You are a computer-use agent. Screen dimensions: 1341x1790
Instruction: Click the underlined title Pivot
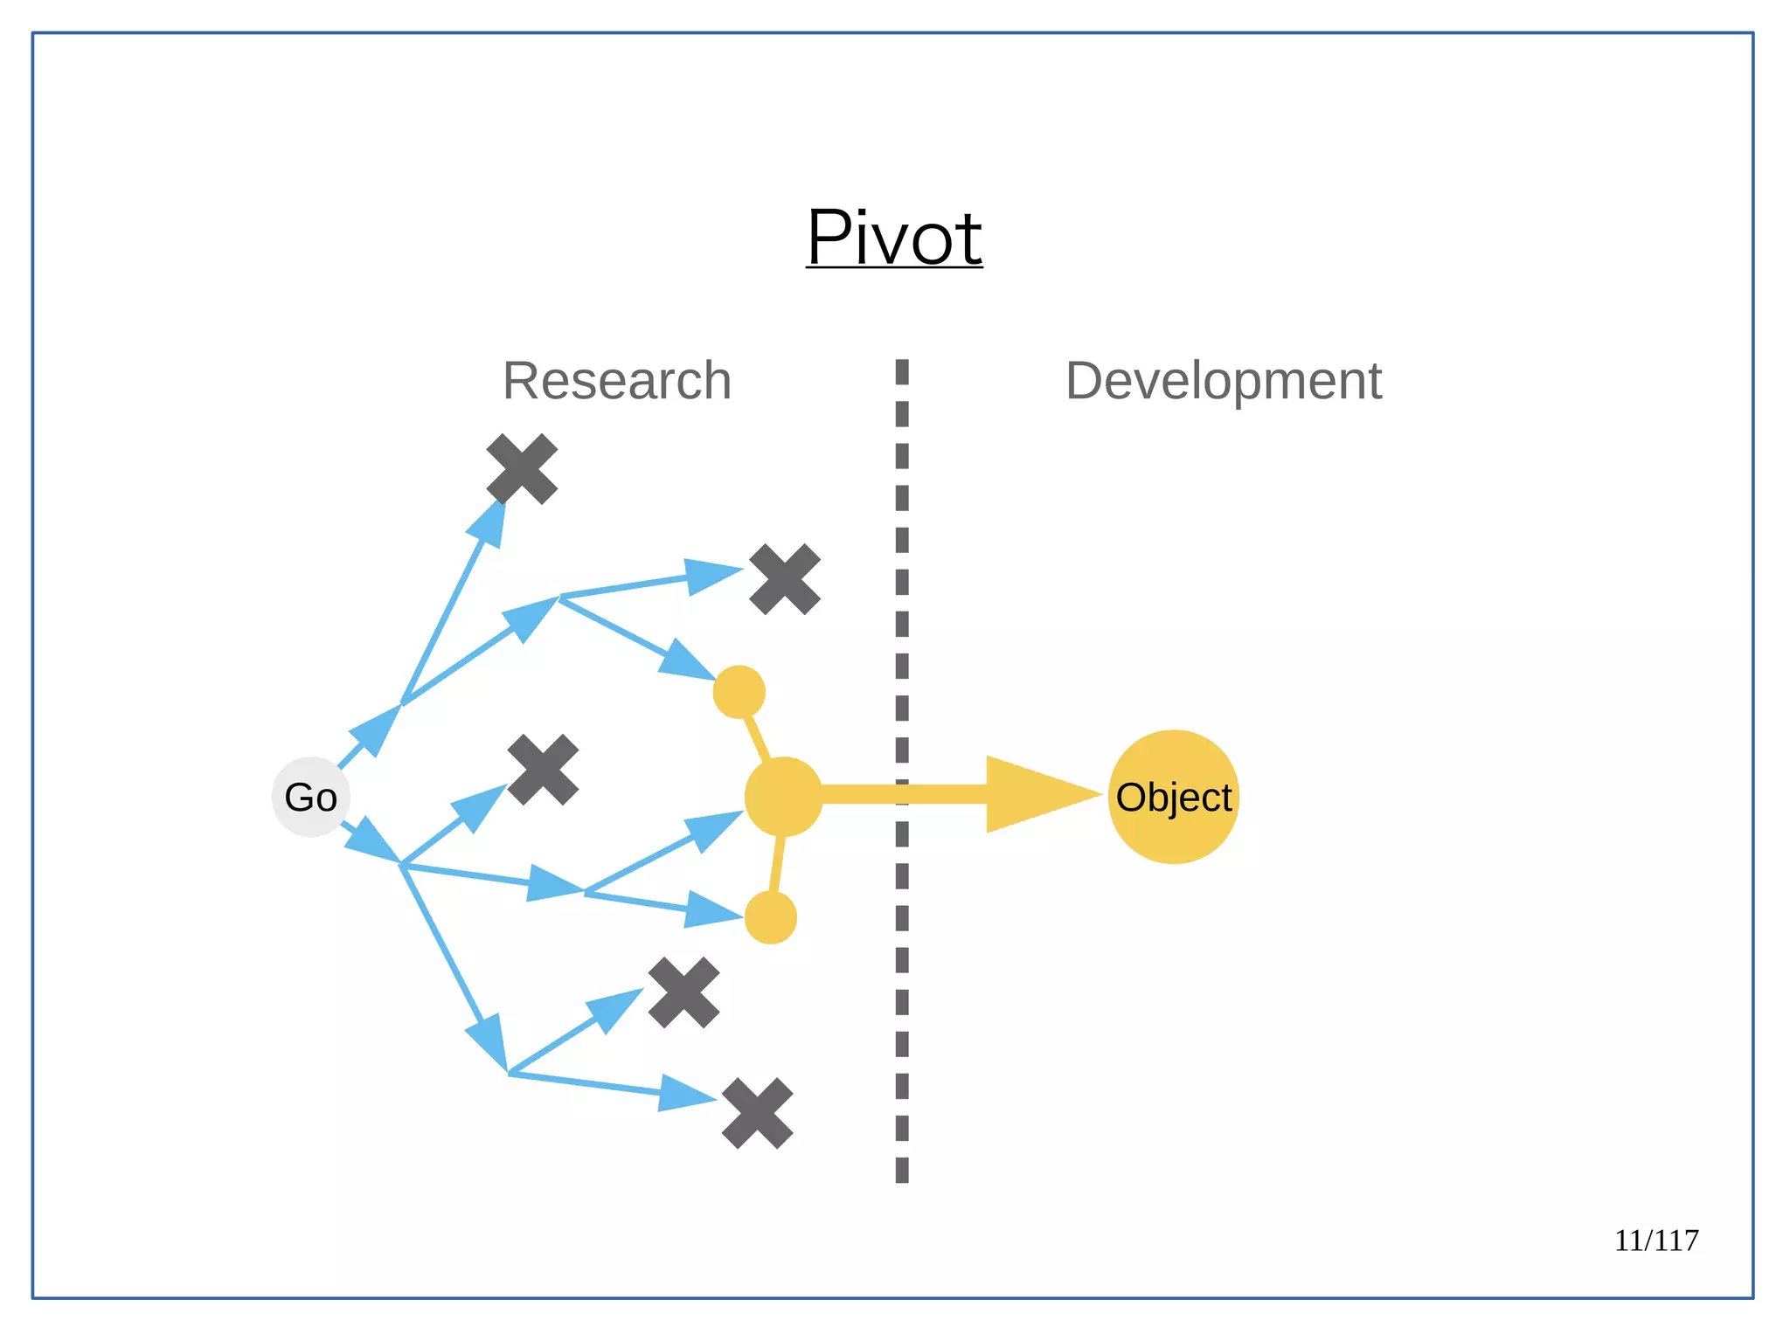pos(894,238)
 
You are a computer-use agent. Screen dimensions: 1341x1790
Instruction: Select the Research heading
pos(617,381)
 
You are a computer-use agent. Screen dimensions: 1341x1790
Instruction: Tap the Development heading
pos(1223,381)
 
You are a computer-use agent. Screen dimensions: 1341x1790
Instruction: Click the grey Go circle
pos(311,797)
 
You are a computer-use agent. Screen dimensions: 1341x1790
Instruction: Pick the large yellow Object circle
pos(1173,797)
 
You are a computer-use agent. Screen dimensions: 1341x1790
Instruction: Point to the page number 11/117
pos(1655,1240)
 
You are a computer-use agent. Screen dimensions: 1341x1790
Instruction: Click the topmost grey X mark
pos(522,469)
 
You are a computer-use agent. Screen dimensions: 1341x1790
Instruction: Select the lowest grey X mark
pos(757,1113)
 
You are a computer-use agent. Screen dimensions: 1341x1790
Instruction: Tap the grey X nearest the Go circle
pos(543,770)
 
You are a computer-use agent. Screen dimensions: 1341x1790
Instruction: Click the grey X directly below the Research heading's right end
pos(785,579)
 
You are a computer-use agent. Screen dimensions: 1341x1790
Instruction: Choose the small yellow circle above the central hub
pos(739,692)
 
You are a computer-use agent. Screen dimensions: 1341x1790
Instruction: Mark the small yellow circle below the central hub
pos(770,917)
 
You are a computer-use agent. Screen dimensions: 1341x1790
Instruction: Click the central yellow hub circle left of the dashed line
pos(783,796)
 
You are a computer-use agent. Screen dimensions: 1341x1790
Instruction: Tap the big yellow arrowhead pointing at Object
pos(1031,794)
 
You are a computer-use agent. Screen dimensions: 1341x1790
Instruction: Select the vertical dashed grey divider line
pos(902,961)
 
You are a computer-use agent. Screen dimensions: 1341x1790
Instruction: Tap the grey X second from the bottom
pos(683,992)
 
